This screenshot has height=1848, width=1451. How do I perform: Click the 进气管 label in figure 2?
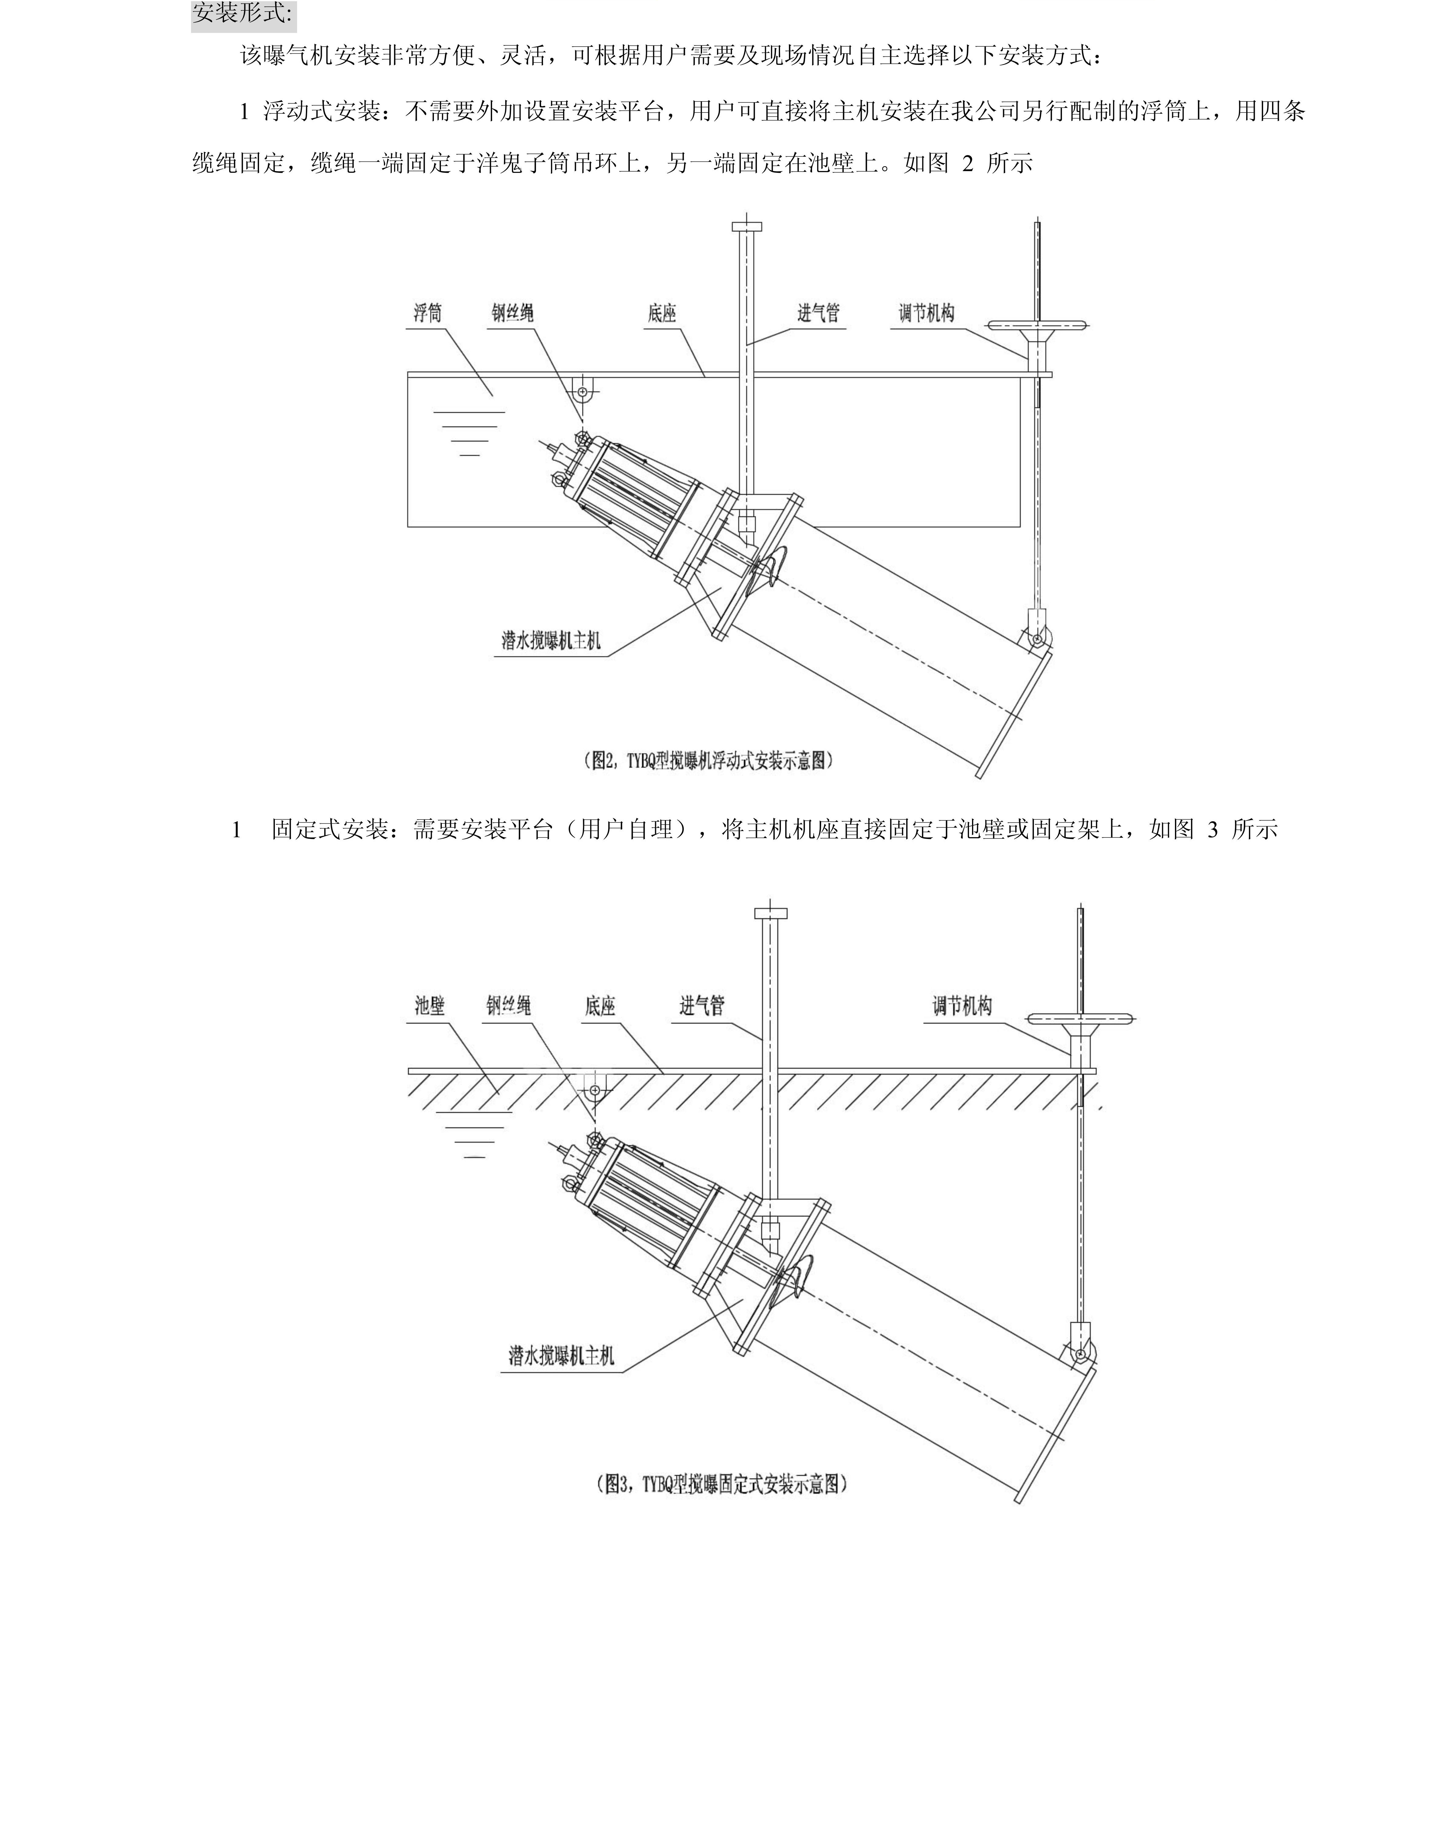pos(818,314)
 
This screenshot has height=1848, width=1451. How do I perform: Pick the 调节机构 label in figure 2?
pos(927,314)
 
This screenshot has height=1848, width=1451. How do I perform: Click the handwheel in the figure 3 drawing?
pos(1080,1018)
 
